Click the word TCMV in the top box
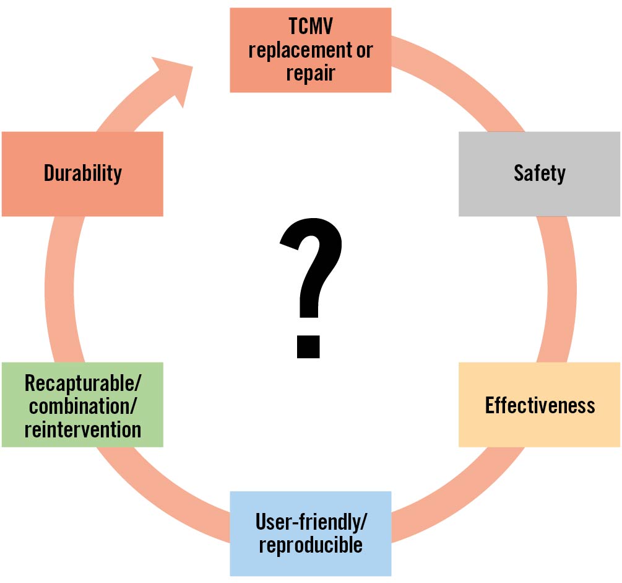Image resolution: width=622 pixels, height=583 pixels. coord(311,27)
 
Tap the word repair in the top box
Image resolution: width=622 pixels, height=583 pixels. coord(311,73)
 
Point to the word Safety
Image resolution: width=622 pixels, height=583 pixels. coord(539,173)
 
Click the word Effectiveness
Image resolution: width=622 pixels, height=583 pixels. coord(540,405)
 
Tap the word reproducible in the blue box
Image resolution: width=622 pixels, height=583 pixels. coord(311,545)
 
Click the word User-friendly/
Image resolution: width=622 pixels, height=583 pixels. coord(311,522)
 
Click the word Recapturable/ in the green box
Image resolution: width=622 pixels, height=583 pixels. coord(82,384)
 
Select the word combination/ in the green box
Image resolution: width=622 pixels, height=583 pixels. coord(82,406)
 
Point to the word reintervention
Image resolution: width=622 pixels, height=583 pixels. coord(82,429)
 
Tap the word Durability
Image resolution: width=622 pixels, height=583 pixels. coord(82,173)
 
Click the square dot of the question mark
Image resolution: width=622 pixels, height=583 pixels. coord(309,346)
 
